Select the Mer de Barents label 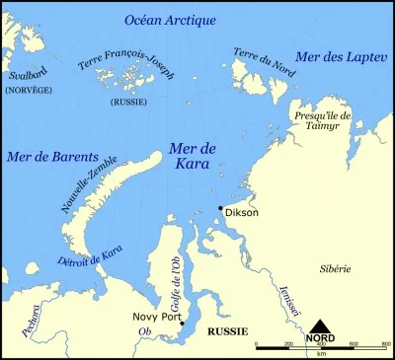(x=46, y=157)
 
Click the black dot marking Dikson (x=221, y=207)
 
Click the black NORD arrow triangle (x=322, y=326)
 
